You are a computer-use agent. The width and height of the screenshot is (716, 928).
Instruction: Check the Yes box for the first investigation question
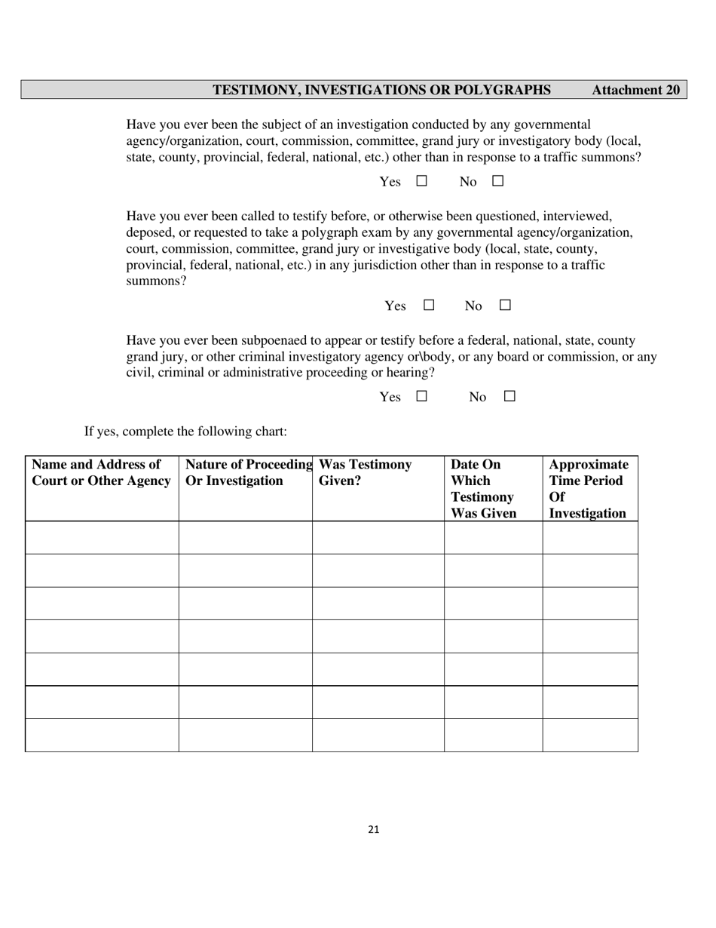[x=421, y=181]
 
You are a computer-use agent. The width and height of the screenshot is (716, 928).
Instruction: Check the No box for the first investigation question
[x=497, y=181]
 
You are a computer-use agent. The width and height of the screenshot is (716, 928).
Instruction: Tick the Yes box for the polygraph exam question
[x=429, y=305]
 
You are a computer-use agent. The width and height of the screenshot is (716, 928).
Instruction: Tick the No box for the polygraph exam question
[x=505, y=305]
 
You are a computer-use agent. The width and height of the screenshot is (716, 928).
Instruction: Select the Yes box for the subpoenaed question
[x=421, y=396]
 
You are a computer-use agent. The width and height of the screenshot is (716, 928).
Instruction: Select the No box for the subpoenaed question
[x=509, y=396]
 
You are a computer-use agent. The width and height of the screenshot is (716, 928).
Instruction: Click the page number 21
[x=374, y=829]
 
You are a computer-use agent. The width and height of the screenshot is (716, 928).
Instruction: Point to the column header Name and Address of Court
[x=101, y=473]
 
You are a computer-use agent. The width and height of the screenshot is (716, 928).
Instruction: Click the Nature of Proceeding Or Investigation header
[x=247, y=473]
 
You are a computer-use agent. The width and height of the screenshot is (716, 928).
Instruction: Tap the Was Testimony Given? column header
[x=366, y=473]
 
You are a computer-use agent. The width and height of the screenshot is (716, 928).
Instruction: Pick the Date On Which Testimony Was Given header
[x=484, y=489]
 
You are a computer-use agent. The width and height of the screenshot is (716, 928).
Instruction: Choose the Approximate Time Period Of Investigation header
[x=588, y=489]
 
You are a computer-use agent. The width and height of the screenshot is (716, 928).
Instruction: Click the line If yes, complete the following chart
[x=185, y=432]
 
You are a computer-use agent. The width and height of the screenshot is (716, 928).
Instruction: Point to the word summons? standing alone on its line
[x=156, y=281]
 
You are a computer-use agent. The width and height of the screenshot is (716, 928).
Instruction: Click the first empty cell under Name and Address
[x=102, y=537]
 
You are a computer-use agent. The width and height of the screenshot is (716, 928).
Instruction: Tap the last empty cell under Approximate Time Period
[x=590, y=735]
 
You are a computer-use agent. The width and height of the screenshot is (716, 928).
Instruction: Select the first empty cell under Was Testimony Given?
[x=378, y=537]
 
